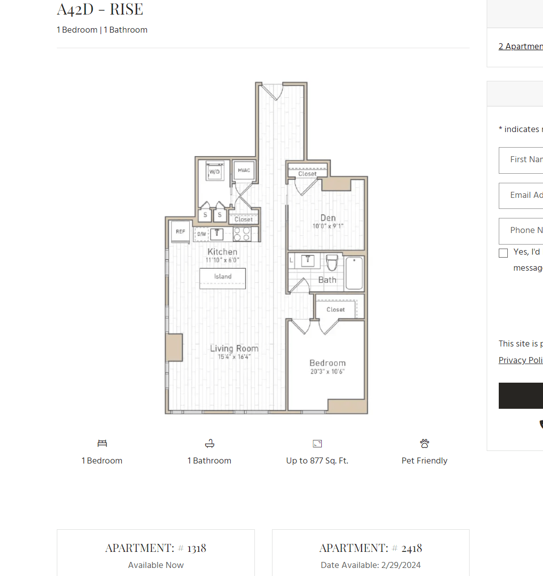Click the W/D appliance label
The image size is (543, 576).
click(x=215, y=172)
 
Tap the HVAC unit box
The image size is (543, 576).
click(x=244, y=171)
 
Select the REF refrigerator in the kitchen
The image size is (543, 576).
click(x=180, y=232)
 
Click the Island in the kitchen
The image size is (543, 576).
click(x=223, y=277)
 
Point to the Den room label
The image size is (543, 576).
click(x=328, y=218)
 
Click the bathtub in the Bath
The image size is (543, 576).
click(x=354, y=273)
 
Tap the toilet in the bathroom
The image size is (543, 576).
click(x=332, y=262)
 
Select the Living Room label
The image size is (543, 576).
click(x=234, y=349)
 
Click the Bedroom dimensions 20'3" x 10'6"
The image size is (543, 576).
click(x=327, y=372)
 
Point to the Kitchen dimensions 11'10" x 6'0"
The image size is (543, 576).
click(x=222, y=260)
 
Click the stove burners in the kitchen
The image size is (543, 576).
click(x=242, y=234)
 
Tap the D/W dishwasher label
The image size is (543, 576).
click(x=202, y=234)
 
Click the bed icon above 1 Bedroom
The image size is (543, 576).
click(x=103, y=443)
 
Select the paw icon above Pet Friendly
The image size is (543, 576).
click(x=425, y=443)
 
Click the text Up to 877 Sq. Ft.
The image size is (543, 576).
click(x=317, y=460)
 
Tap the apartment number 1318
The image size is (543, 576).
click(x=197, y=548)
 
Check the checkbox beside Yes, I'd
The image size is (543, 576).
click(x=503, y=253)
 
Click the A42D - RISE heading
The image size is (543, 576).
click(x=100, y=9)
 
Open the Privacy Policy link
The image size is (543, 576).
click(x=520, y=360)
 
